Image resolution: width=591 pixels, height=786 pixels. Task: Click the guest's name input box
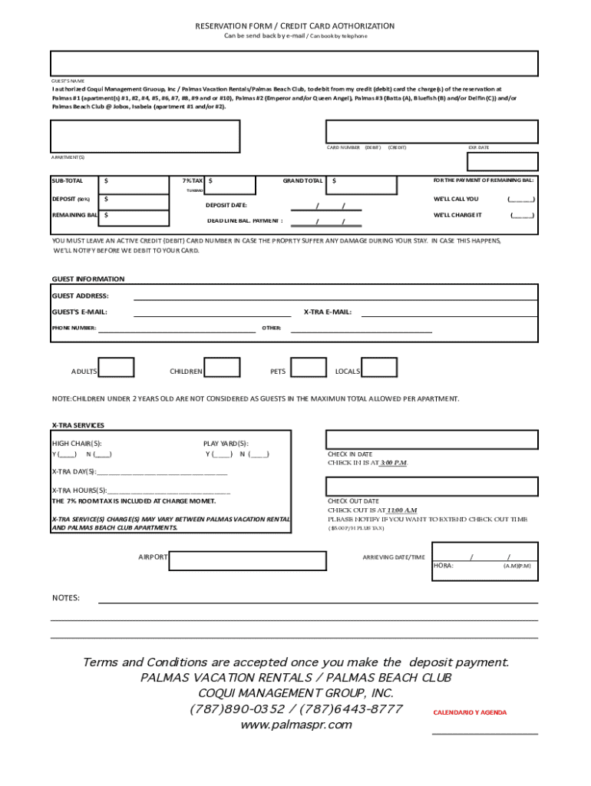295,64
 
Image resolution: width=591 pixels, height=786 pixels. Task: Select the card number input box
432,131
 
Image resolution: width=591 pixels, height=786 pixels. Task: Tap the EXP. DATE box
503,161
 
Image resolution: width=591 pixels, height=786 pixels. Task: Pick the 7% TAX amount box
230,184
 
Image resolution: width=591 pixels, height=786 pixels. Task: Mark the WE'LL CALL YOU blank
521,199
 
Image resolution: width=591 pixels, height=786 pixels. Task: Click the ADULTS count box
117,368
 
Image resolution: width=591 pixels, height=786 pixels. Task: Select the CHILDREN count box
223,368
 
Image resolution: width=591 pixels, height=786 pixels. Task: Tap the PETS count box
309,368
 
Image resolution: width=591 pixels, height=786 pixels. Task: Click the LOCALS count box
379,368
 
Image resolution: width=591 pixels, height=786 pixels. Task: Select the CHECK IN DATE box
432,439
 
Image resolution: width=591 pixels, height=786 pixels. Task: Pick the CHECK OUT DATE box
432,487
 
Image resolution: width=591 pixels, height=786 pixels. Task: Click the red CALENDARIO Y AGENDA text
470,713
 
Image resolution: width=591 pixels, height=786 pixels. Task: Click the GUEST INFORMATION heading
87,279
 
